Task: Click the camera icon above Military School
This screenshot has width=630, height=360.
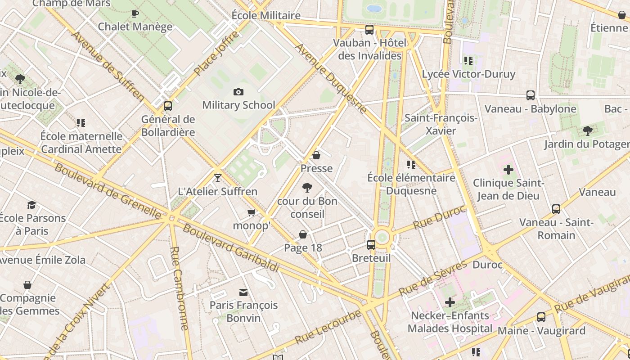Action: pyautogui.click(x=238, y=92)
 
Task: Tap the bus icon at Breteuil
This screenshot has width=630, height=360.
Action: pyautogui.click(x=371, y=245)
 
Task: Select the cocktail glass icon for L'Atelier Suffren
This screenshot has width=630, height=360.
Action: pyautogui.click(x=218, y=178)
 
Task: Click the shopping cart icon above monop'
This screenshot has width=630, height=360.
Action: pyautogui.click(x=252, y=212)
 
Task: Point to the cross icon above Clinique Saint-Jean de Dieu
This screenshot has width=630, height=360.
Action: pyautogui.click(x=508, y=170)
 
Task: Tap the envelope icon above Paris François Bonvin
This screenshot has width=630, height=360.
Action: pyautogui.click(x=243, y=292)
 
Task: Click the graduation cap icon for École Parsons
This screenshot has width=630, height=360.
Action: pyautogui.click(x=31, y=205)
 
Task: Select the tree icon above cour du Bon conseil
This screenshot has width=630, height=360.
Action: pyautogui.click(x=307, y=188)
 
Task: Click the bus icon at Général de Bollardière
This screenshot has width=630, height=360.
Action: pyautogui.click(x=168, y=106)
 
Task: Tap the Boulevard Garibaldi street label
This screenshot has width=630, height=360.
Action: pyautogui.click(x=231, y=248)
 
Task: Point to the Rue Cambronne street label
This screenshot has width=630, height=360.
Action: pyautogui.click(x=179, y=288)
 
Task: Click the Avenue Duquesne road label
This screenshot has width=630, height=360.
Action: pyautogui.click(x=331, y=78)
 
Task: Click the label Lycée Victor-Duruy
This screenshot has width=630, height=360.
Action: pyautogui.click(x=468, y=74)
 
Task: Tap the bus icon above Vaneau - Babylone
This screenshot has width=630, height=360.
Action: pyautogui.click(x=531, y=95)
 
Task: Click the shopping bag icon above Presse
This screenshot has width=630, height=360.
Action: pyautogui.click(x=316, y=155)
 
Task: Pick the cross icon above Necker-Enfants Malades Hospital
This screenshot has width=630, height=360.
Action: pyautogui.click(x=450, y=302)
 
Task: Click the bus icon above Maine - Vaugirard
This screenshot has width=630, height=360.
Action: pyautogui.click(x=541, y=317)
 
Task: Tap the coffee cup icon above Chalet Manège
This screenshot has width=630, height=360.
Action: pyautogui.click(x=135, y=13)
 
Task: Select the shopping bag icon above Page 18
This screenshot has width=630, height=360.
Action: pyautogui.click(x=303, y=234)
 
